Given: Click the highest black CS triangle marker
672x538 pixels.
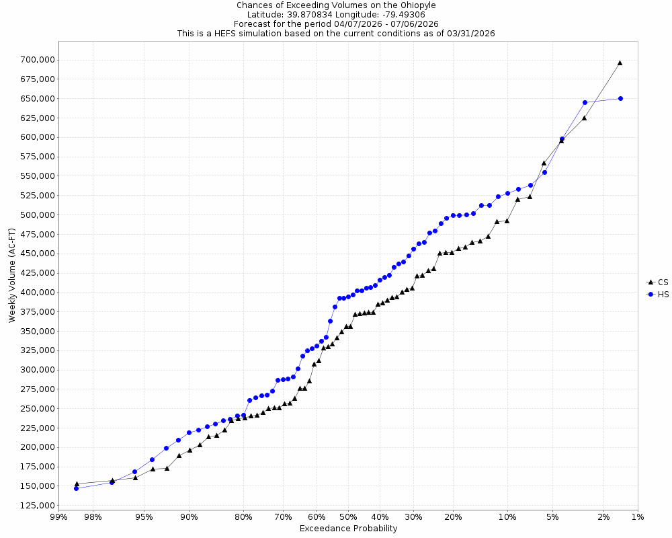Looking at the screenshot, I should coord(620,63).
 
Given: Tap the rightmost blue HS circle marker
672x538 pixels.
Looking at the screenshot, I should coord(620,98).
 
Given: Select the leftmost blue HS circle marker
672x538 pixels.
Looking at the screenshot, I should coord(76,488).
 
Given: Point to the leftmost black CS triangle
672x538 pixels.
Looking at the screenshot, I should coord(77,484).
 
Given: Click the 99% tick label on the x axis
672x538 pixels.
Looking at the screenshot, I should coord(58,517).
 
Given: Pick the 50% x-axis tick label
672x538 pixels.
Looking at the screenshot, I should coord(348,517).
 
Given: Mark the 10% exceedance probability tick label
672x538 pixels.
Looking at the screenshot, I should coord(507,517).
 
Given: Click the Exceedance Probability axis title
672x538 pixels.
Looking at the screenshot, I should coord(348,529).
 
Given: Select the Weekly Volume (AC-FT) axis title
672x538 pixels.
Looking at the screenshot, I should coord(11,276).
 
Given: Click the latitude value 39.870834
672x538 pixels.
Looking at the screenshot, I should coord(310,14).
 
